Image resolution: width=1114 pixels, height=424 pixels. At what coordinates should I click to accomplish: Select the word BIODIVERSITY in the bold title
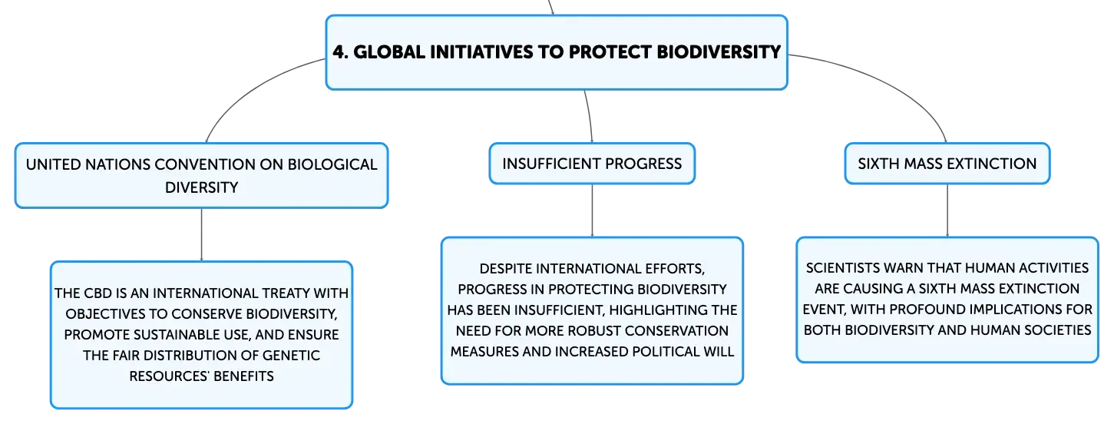719,52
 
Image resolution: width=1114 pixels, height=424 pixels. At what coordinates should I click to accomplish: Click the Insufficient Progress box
592,164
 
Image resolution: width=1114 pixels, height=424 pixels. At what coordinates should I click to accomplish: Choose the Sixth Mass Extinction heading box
947,164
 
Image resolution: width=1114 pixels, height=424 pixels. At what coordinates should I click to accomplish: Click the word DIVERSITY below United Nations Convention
201,187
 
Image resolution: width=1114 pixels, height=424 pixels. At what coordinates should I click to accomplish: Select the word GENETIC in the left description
291,356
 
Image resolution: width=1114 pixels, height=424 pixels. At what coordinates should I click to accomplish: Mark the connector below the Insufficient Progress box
592,210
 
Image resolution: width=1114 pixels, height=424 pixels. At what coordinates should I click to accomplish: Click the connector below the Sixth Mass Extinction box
947,210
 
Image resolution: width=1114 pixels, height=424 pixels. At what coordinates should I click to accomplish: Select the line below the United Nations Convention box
201,234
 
